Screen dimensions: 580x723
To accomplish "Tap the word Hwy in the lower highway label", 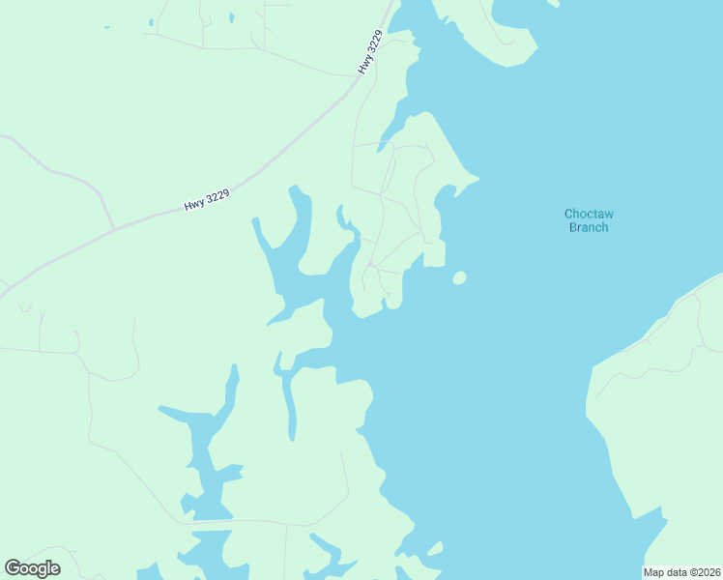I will (193, 205).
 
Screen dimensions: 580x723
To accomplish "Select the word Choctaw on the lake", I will (588, 214).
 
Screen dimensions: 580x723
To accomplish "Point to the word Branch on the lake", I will (588, 227).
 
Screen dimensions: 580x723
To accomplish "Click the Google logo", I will (32, 567).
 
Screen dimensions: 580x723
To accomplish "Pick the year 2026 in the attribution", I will (708, 572).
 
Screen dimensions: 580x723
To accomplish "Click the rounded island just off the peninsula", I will (459, 278).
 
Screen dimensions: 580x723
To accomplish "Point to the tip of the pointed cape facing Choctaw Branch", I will (478, 178).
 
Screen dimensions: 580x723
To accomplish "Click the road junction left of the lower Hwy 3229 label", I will (114, 229).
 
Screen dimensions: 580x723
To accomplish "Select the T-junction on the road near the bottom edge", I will (285, 524).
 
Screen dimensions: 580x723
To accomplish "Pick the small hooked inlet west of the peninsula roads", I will (343, 218).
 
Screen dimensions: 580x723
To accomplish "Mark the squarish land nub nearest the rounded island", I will (434, 254).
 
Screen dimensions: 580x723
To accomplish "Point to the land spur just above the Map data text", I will (663, 530).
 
